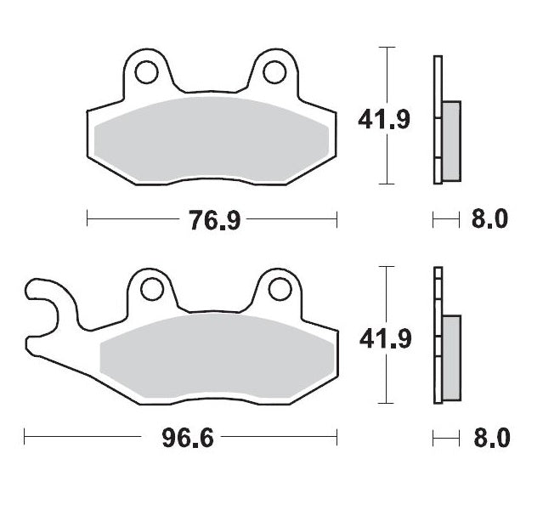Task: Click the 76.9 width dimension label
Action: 212,221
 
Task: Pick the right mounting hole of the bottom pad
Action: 277,291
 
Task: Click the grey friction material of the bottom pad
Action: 217,357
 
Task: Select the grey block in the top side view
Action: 450,140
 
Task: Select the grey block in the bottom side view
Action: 450,356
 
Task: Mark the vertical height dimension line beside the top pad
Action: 388,85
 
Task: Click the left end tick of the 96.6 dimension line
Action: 25,439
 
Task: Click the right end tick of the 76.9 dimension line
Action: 337,221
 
